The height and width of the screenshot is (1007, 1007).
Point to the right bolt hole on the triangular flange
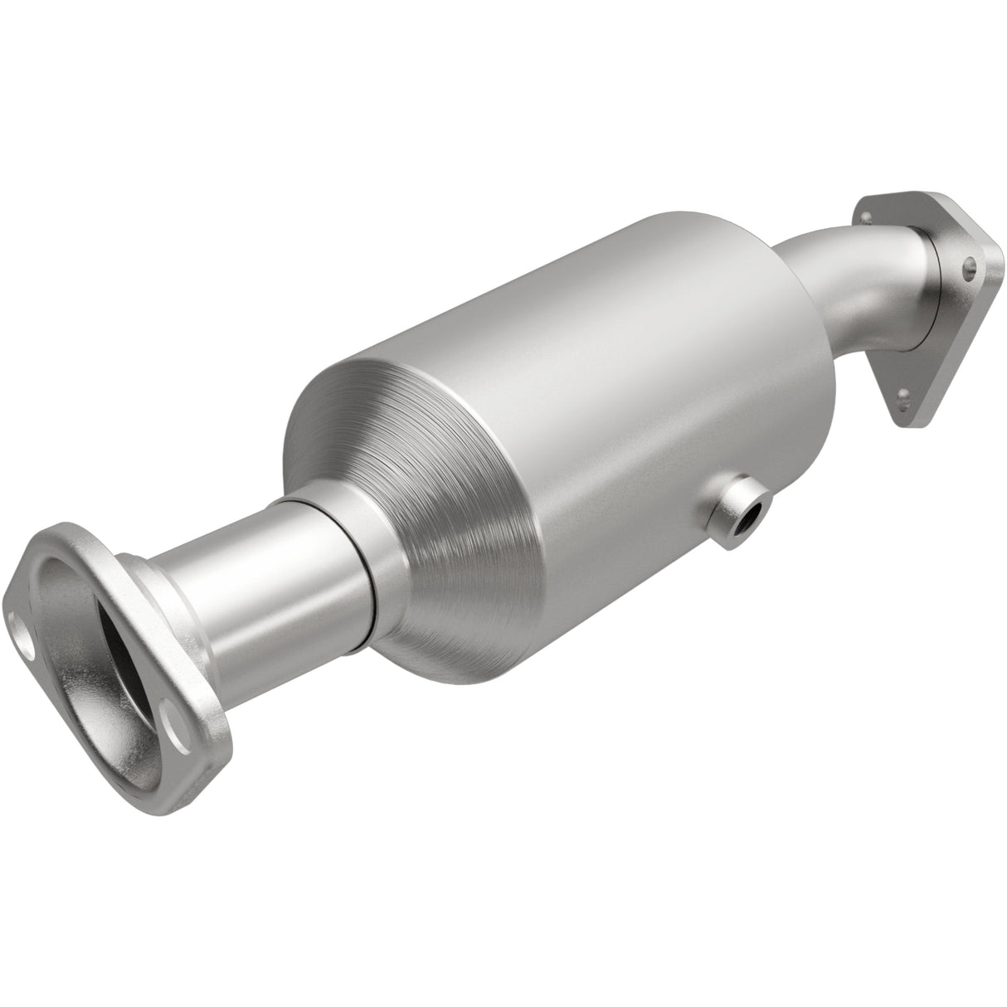click(x=968, y=269)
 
